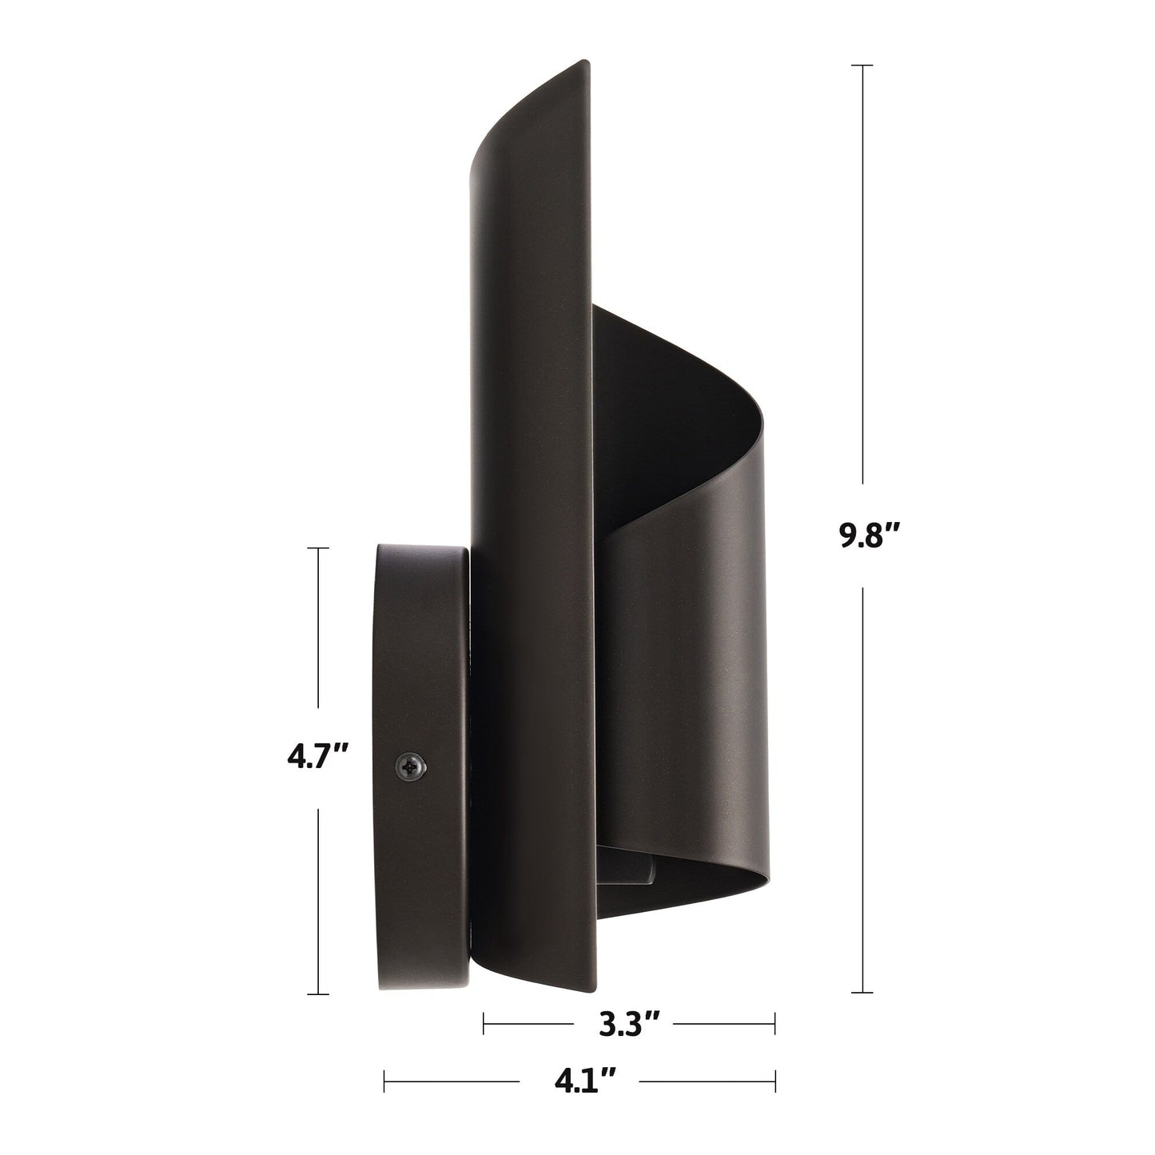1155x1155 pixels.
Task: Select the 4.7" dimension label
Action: [x=318, y=756]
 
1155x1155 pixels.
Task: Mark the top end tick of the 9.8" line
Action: [x=862, y=65]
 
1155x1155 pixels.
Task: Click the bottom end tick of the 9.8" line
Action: [x=862, y=992]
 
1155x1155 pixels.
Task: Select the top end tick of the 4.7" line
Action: [x=318, y=548]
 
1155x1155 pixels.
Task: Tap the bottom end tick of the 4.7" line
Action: [x=318, y=994]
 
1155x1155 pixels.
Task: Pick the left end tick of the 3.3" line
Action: [x=484, y=1022]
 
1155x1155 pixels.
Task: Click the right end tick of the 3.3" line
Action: [x=775, y=1022]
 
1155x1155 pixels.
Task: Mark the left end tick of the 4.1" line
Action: [x=384, y=1082]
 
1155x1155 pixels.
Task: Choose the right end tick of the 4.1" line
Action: [x=775, y=1082]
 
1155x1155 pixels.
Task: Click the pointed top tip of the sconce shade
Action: [x=587, y=62]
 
